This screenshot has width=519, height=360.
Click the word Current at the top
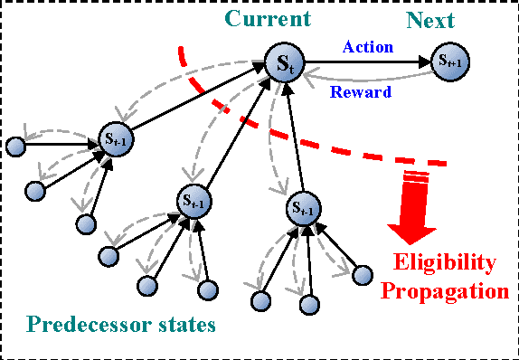pos(268,19)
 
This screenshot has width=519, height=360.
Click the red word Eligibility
pos(444,263)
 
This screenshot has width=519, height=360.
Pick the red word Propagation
pos(444,291)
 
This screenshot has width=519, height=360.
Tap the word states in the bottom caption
pos(186,324)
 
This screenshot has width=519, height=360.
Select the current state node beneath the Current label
pos(284,63)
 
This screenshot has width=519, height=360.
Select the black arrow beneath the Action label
pos(366,62)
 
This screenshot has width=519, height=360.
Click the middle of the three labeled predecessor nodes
pos(193,199)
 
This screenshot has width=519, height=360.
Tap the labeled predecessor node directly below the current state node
pos(303,208)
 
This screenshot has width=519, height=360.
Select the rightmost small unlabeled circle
pos(363,274)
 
